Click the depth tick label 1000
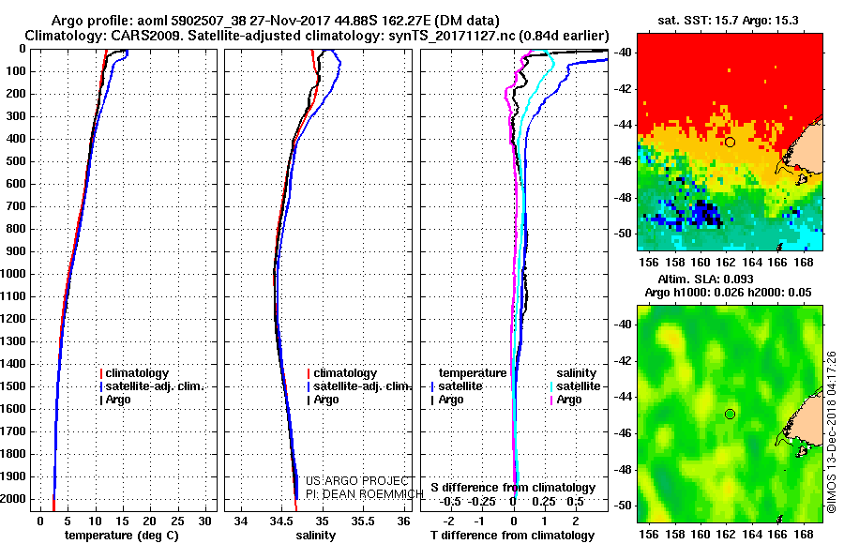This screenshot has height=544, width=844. tap(16, 274)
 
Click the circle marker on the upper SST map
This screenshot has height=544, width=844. tap(730, 142)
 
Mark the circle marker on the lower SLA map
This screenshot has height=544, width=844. tap(730, 414)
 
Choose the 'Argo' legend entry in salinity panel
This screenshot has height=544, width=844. tap(326, 400)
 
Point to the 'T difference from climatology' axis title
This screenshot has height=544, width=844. tap(512, 535)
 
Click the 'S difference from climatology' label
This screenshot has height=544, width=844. tap(513, 488)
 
